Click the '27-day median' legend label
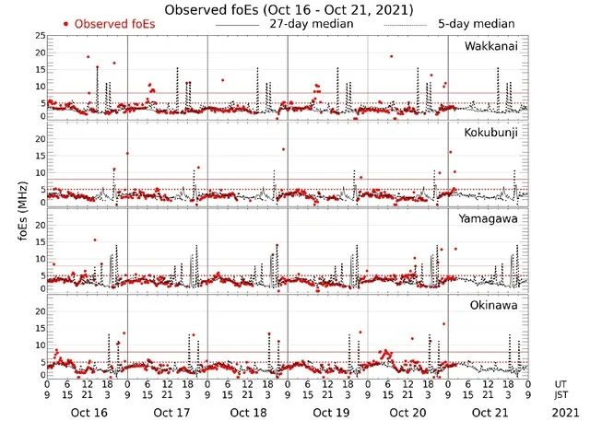(x=312, y=24)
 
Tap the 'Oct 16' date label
(x=88, y=412)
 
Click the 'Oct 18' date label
(x=247, y=412)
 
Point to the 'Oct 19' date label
(x=327, y=412)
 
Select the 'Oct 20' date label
(x=407, y=412)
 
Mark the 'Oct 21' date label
(x=487, y=412)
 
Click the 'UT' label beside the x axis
(x=560, y=383)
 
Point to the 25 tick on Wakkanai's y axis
(x=38, y=35)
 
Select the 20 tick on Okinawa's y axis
(x=38, y=311)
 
